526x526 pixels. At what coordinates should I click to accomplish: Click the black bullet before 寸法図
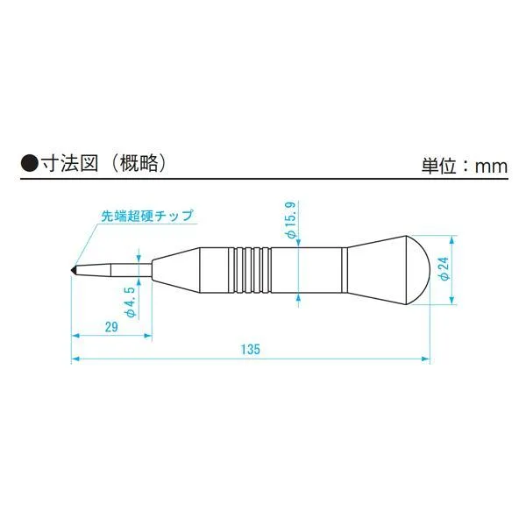click(29, 164)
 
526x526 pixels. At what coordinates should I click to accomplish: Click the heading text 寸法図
click(69, 164)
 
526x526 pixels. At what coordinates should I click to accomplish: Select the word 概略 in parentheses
click(139, 164)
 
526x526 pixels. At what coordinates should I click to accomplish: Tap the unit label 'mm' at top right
click(491, 167)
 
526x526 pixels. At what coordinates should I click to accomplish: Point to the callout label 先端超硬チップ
click(147, 216)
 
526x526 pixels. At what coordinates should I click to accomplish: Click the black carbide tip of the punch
click(74, 269)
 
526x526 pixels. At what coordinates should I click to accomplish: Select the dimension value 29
click(111, 326)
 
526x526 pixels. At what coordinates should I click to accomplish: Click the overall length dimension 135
click(251, 349)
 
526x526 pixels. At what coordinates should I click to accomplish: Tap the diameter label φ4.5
click(131, 302)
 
